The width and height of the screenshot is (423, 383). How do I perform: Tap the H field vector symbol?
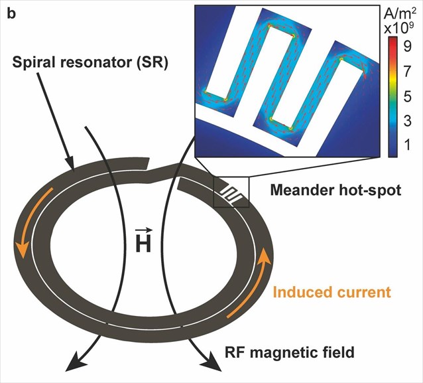[x=143, y=241]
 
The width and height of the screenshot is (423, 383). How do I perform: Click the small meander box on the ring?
[x=231, y=192]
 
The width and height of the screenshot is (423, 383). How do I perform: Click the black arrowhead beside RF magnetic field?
[x=213, y=362]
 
